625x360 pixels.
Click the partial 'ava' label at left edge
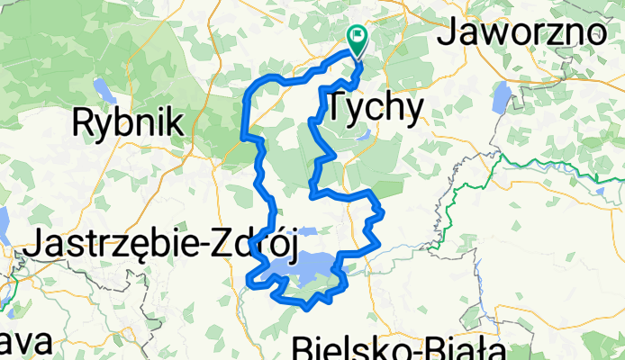18,344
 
